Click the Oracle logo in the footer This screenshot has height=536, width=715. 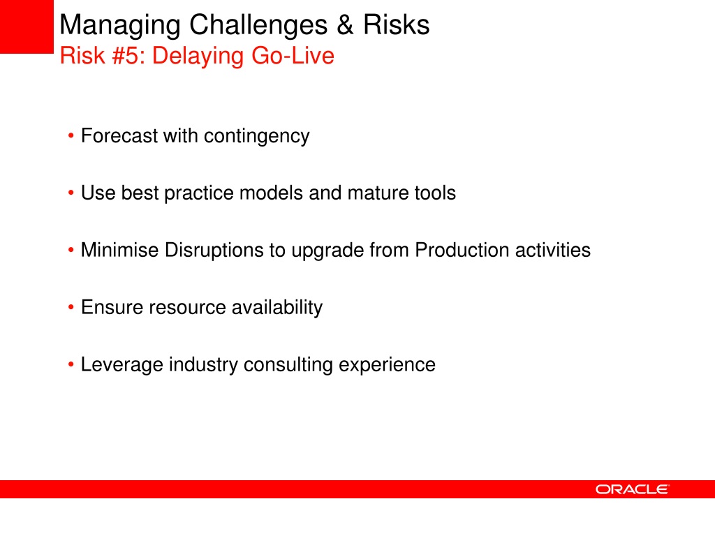pos(632,489)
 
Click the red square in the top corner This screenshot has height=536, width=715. pos(27,27)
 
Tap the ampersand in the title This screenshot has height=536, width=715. pos(345,24)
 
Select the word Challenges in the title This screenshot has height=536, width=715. pos(258,24)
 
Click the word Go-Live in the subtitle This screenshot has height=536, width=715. pos(293,56)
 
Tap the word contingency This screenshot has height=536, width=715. pos(256,137)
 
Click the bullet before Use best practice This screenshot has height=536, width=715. pos(71,193)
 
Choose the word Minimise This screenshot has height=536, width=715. pos(119,250)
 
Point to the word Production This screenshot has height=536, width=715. pos(462,250)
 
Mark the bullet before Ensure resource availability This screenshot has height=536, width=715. pos(71,307)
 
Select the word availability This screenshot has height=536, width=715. pos(277,308)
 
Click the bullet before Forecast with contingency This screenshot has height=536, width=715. pos(71,136)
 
